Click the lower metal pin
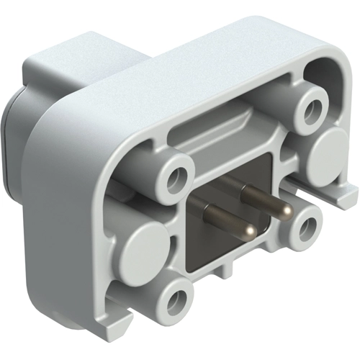[227, 220]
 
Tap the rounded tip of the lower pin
[249, 231]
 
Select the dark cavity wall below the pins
[216, 252]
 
